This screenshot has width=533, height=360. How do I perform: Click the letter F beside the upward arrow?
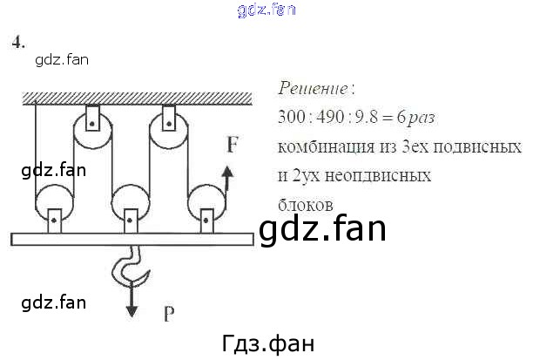click(232, 144)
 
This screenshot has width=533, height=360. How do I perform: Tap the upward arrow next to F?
click(226, 179)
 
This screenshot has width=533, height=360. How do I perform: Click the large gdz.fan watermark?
click(321, 229)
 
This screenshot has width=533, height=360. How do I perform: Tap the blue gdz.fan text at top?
click(266, 10)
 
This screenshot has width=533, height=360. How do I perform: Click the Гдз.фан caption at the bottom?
click(266, 342)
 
